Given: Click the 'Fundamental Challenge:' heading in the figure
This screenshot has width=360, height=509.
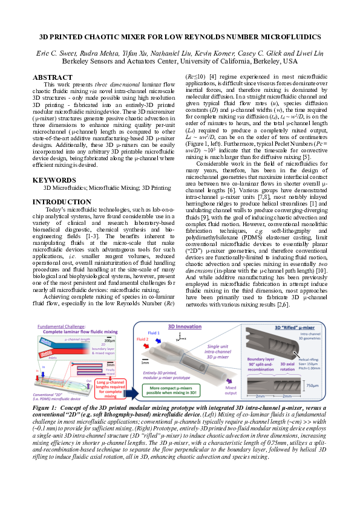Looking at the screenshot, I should tap(59, 325).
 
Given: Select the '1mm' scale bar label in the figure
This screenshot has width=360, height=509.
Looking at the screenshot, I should tap(145, 363).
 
